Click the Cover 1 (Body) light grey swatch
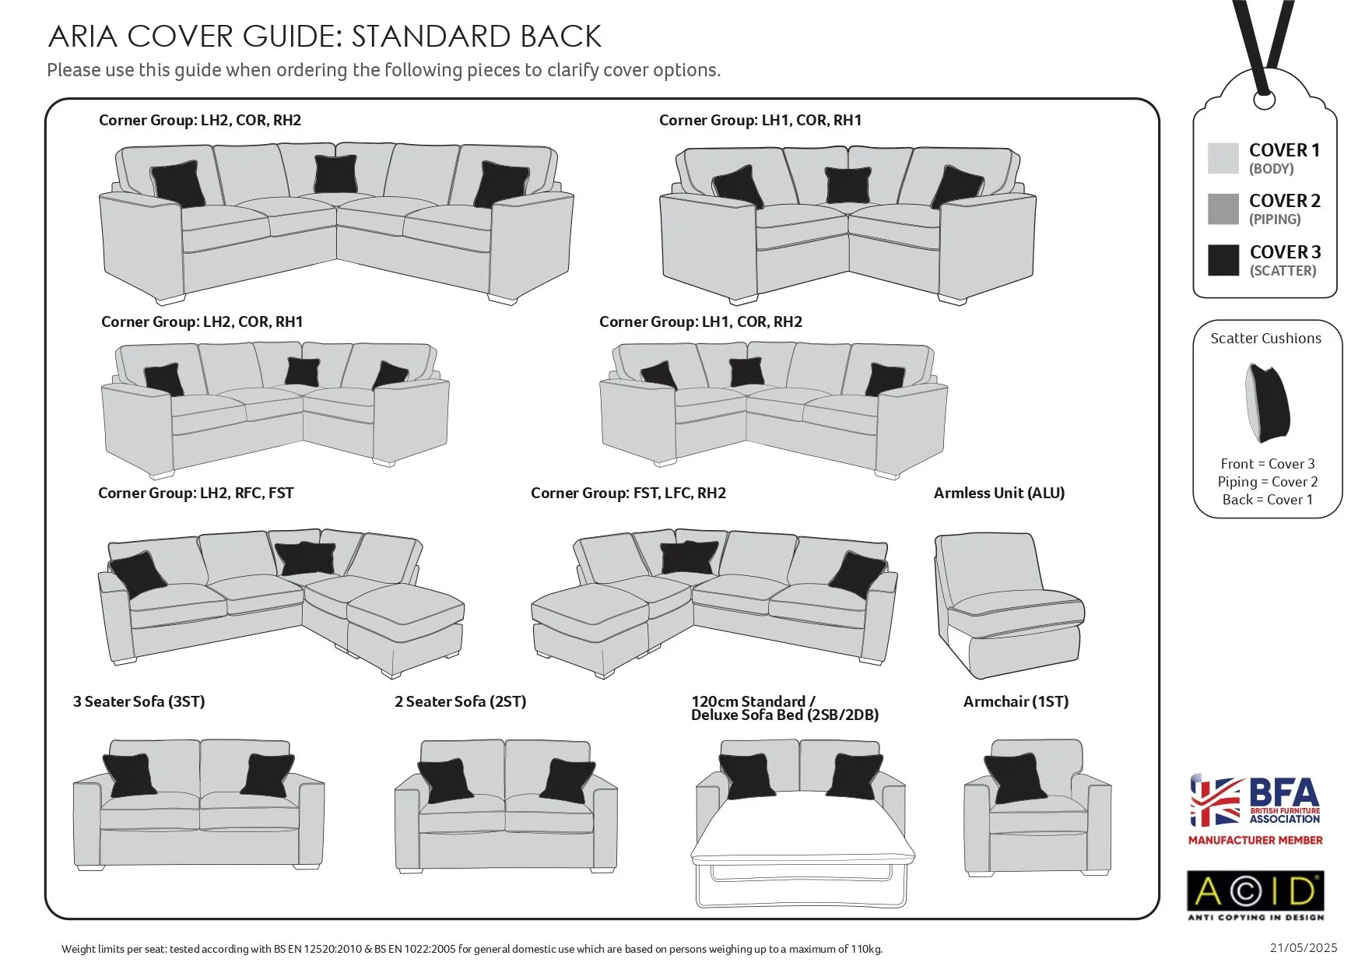click(x=1223, y=158)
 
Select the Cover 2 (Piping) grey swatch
click(x=1223, y=209)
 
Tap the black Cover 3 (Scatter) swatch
click(x=1223, y=260)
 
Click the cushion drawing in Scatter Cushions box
click(x=1267, y=402)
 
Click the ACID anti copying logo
click(x=1254, y=894)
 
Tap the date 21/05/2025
click(x=1303, y=947)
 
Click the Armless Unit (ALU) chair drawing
click(x=1006, y=603)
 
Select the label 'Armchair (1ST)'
click(x=1016, y=701)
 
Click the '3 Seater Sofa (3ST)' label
click(x=139, y=701)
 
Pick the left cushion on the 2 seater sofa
click(x=446, y=780)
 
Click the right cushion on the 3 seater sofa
click(x=268, y=775)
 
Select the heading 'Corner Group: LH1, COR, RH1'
click(x=760, y=120)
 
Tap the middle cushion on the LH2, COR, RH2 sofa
click(x=335, y=174)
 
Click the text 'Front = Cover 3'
click(x=1267, y=463)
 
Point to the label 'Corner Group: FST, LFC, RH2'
click(x=628, y=493)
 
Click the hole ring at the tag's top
click(x=1265, y=100)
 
